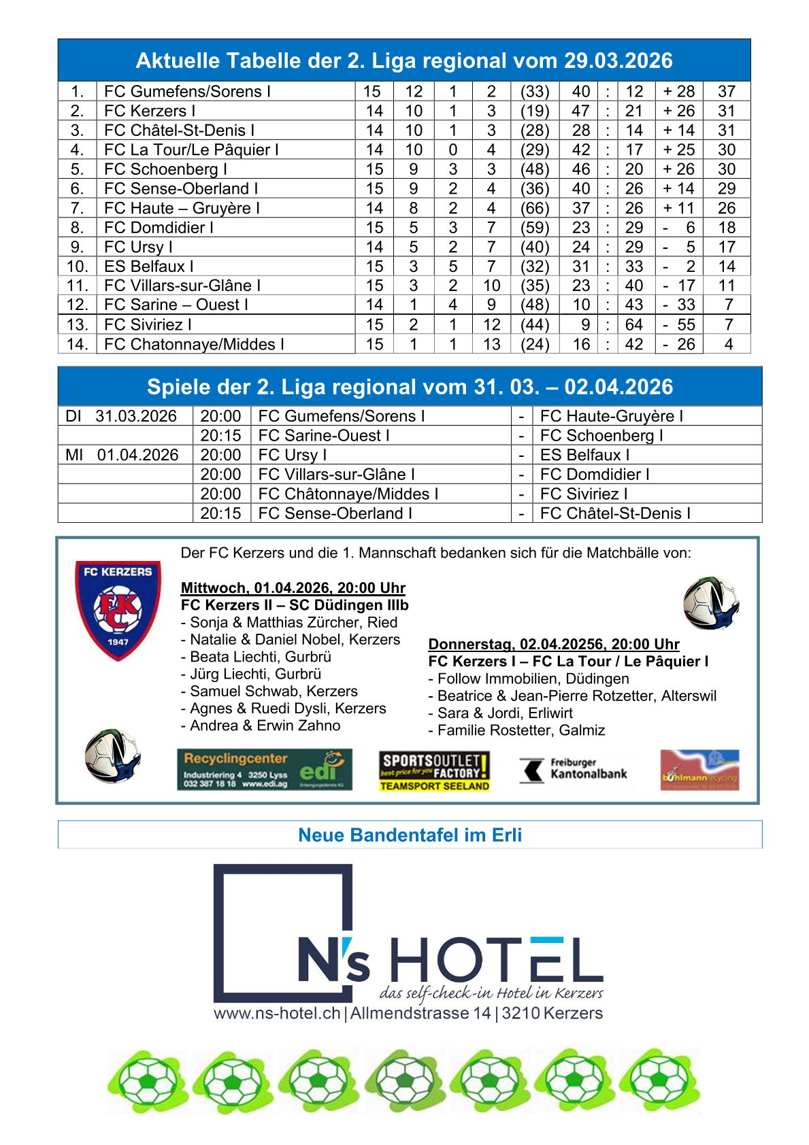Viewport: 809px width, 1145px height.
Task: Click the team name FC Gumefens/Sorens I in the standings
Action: (187, 92)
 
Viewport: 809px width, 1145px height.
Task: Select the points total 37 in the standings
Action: (727, 92)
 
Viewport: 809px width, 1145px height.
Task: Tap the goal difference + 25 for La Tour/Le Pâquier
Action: (679, 150)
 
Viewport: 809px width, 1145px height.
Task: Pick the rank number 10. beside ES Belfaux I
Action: (77, 267)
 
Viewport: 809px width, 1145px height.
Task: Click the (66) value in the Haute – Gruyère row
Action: (535, 208)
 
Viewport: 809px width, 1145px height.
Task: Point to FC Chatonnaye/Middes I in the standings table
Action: (194, 345)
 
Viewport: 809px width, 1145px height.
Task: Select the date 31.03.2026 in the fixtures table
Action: (136, 416)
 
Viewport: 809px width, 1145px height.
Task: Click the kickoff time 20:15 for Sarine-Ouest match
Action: (220, 436)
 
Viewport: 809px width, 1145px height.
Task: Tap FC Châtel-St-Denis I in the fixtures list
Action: (615, 513)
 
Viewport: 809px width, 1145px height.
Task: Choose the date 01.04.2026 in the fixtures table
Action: (137, 455)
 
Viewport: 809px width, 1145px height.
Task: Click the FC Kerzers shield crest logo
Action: (118, 610)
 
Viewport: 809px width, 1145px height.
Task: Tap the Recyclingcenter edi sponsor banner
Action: (265, 770)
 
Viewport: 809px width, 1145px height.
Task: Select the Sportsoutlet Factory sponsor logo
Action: (434, 771)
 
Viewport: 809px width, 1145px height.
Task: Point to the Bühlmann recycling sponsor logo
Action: (699, 770)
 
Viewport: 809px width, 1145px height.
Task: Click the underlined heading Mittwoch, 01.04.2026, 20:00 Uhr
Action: (293, 588)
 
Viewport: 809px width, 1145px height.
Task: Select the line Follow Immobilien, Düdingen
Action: (533, 679)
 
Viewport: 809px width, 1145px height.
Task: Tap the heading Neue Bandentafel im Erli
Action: (410, 835)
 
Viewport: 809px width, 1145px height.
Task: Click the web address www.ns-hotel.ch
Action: (277, 1013)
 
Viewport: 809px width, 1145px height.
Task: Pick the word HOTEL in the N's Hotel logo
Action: (497, 960)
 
